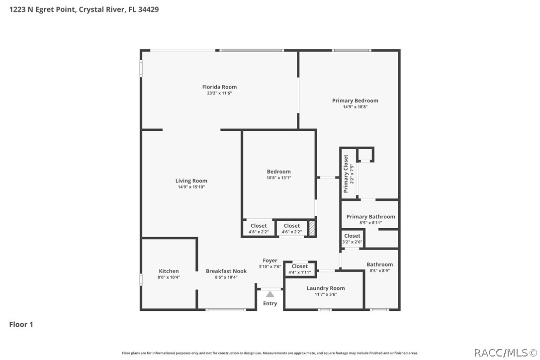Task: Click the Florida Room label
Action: click(219, 87)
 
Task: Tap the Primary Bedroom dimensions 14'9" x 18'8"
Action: click(355, 107)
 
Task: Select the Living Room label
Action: click(191, 181)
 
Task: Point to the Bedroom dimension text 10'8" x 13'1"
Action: click(278, 178)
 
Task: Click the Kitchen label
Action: click(169, 271)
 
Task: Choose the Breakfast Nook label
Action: click(226, 271)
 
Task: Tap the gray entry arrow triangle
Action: click(270, 294)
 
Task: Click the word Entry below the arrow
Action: click(270, 303)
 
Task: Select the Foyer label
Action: click(270, 261)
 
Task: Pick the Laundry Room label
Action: click(326, 288)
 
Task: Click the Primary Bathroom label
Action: click(370, 217)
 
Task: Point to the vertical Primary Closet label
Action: click(346, 174)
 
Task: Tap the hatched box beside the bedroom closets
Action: click(312, 228)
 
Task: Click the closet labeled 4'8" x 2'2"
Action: click(259, 228)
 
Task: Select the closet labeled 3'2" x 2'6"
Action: click(352, 238)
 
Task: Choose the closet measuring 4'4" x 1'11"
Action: click(300, 269)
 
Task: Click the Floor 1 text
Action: click(21, 325)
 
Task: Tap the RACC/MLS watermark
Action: click(506, 353)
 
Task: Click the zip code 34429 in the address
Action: click(149, 9)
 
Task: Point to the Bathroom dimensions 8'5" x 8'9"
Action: click(379, 271)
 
